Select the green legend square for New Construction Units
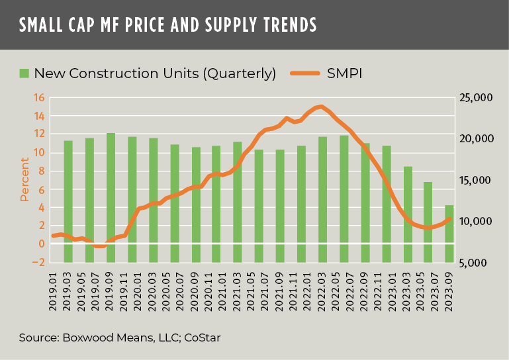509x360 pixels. click(24, 73)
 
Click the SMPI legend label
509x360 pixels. click(344, 73)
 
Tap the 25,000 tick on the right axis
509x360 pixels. click(475, 98)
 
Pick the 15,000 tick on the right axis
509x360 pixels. click(475, 180)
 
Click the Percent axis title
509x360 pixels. click(24, 180)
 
